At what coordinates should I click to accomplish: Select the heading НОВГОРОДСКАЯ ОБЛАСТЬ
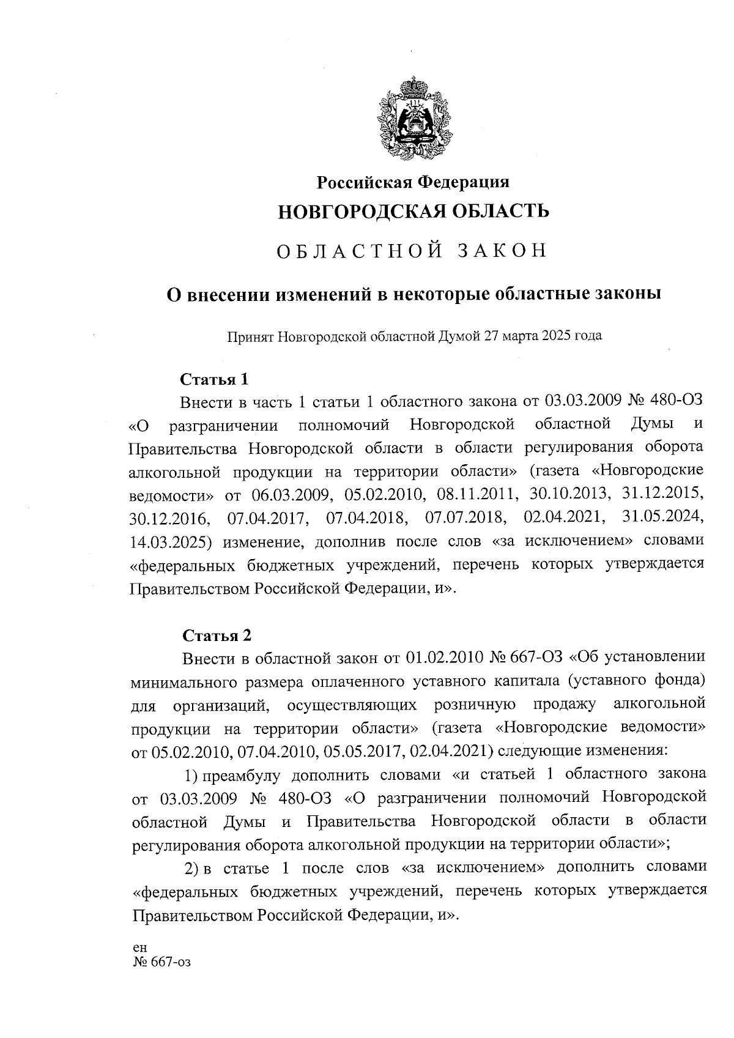click(x=413, y=211)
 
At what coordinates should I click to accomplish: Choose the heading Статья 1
click(x=214, y=379)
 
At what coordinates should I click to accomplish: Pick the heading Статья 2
click(x=217, y=635)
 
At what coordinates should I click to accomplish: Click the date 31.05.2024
click(x=662, y=518)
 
